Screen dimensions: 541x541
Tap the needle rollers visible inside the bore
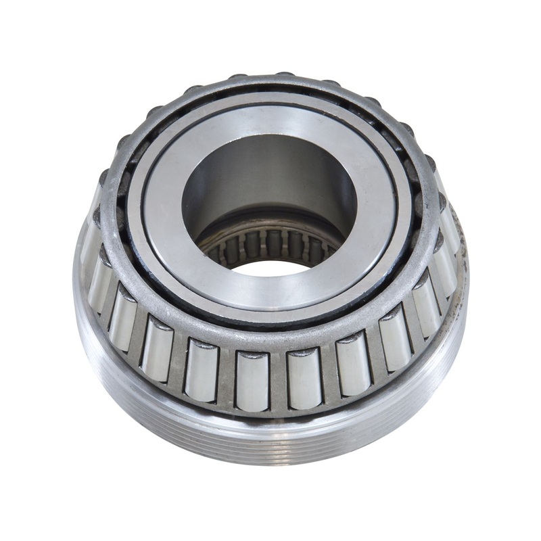[x=270, y=244]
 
